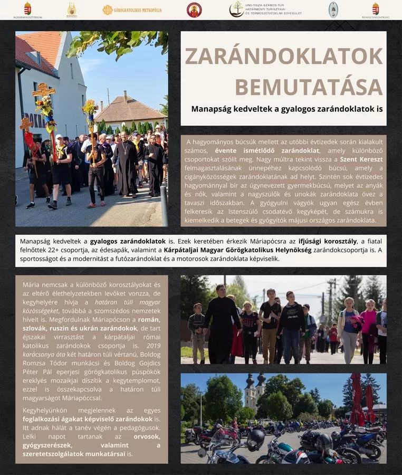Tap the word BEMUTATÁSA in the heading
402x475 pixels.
[x=309, y=87]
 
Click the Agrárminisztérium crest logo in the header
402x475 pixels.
[x=27, y=9]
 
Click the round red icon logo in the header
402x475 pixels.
[x=194, y=9]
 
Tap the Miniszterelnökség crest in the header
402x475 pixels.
[x=376, y=8]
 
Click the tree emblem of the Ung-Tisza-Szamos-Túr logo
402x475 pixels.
[x=236, y=9]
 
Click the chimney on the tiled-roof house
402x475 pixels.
[x=125, y=95]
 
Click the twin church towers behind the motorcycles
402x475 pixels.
[x=254, y=391]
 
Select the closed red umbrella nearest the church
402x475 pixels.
[x=356, y=398]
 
